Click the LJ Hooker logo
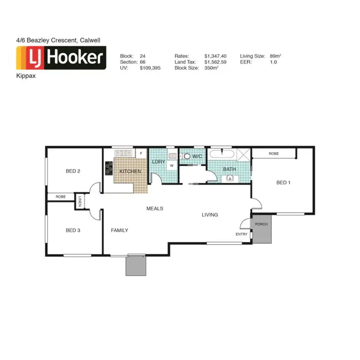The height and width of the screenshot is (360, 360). coord(61,59)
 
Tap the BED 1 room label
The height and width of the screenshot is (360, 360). coord(283,182)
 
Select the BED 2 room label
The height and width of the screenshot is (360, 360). coord(72,171)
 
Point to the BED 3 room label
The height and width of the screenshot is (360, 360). coord(72,230)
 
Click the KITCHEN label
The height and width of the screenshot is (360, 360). coord(130,171)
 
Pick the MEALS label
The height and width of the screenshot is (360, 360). coord(155,209)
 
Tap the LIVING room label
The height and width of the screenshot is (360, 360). coord(210,215)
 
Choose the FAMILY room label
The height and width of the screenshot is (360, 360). coord(120,230)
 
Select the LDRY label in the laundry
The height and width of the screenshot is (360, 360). coord(158,162)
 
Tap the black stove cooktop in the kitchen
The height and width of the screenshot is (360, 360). coord(108,168)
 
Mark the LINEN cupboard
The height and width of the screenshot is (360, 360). coord(80,202)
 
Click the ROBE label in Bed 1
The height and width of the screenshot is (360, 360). coord(274,154)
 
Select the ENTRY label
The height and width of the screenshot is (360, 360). coord(241,234)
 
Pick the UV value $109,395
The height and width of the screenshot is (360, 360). coord(150,69)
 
